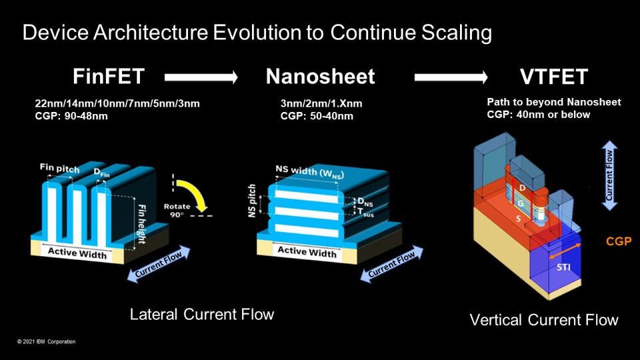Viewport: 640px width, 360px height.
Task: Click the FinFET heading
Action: (108, 77)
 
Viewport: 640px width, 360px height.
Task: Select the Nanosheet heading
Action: (320, 77)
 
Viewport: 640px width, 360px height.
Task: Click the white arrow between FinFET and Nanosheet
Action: (201, 78)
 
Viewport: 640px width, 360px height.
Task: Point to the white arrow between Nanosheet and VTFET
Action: (451, 78)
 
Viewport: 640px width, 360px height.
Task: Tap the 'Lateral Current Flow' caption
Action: (201, 314)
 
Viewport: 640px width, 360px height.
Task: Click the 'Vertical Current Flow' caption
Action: (544, 320)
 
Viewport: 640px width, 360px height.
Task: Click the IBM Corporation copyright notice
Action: (47, 342)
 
